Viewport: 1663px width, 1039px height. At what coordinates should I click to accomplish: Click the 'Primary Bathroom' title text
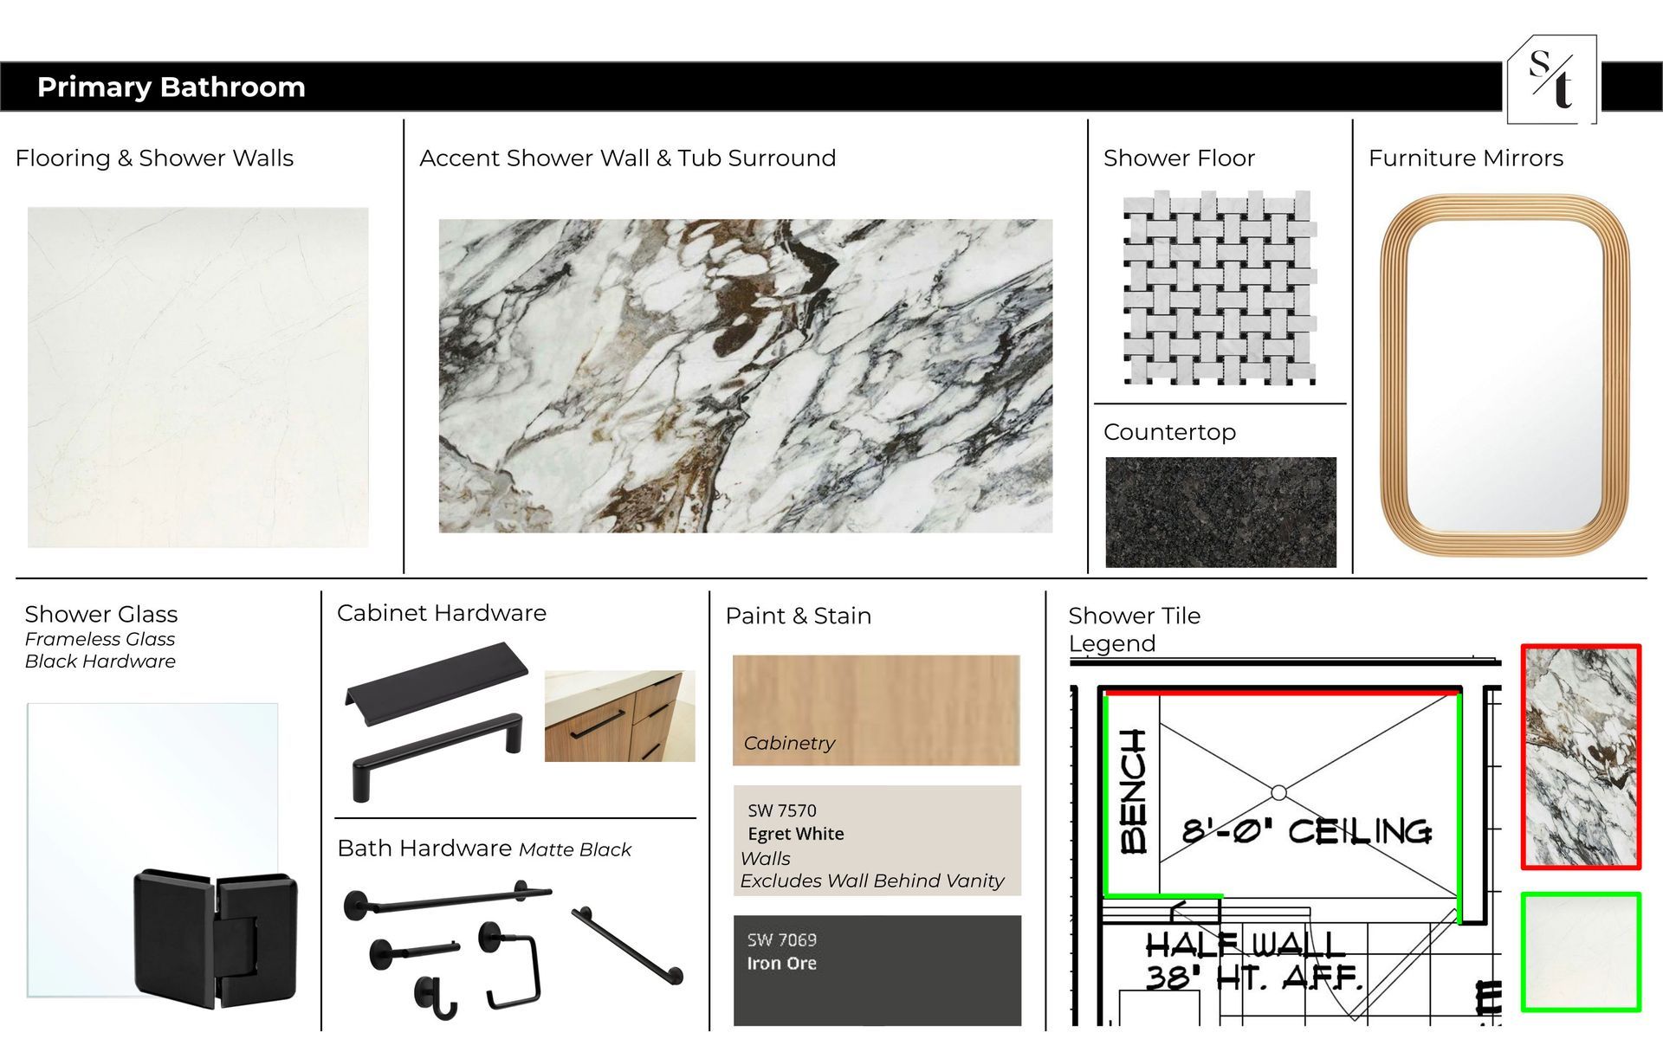[x=171, y=87]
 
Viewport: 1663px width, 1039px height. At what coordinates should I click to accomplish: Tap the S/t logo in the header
[x=1551, y=80]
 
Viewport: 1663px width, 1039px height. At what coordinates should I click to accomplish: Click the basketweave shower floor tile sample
[x=1220, y=287]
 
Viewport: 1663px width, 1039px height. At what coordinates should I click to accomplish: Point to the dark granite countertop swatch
[x=1220, y=513]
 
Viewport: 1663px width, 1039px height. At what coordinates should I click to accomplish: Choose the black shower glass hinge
[x=216, y=939]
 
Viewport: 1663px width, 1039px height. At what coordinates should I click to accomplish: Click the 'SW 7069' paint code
[x=781, y=940]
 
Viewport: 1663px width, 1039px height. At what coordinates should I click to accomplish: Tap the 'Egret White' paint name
[x=795, y=834]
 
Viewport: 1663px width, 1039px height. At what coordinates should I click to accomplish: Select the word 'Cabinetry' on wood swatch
[x=789, y=743]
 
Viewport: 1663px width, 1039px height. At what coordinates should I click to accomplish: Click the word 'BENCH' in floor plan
[x=1134, y=791]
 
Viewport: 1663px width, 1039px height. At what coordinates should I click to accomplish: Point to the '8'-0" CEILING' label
[x=1307, y=831]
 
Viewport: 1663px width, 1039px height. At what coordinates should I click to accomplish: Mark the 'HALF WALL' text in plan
[x=1245, y=944]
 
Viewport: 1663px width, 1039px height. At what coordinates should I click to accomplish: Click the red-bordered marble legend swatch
[x=1581, y=757]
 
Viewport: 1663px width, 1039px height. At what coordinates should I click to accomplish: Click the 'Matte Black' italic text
[x=575, y=850]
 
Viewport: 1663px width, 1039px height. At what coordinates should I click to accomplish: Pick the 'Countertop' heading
[x=1169, y=432]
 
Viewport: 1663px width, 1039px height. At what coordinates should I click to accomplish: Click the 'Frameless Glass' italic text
[x=100, y=639]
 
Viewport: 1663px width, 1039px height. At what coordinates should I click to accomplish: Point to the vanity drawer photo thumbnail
[x=619, y=716]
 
